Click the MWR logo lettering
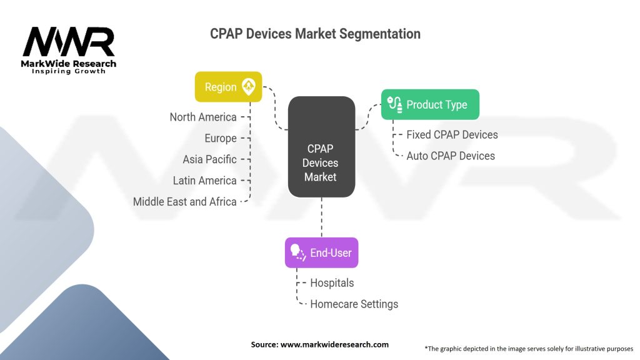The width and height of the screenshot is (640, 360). (69, 42)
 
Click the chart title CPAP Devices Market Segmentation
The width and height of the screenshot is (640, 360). (315, 34)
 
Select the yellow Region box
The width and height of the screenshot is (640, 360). (229, 87)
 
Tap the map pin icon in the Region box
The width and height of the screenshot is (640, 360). (249, 86)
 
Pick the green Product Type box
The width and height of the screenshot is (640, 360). (430, 104)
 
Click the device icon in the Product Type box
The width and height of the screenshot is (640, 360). (395, 104)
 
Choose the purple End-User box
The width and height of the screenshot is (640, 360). (322, 252)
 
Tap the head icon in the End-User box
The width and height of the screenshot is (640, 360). (297, 252)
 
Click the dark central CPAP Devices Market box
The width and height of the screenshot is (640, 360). (322, 147)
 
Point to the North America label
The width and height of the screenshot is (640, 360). (203, 117)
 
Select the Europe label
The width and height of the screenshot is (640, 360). (221, 138)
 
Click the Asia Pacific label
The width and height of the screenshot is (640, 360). (209, 159)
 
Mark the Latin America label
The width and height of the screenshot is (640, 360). (204, 181)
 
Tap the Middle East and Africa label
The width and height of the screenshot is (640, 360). (185, 202)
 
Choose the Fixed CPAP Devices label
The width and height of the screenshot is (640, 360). (452, 135)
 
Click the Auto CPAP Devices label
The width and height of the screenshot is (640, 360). (451, 156)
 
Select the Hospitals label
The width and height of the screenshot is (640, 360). (332, 283)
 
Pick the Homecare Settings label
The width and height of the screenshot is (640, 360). (354, 304)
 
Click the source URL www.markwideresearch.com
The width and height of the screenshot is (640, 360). (335, 344)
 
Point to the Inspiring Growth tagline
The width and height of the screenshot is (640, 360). (69, 71)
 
